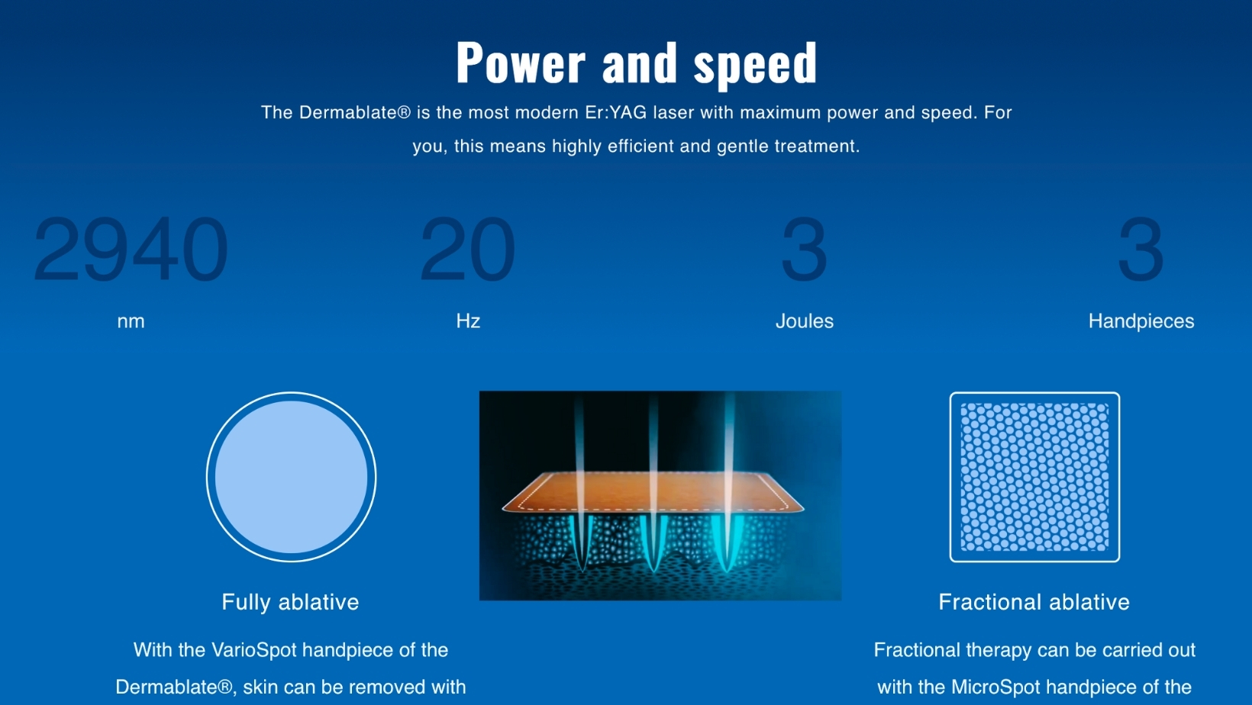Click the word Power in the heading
click(x=521, y=63)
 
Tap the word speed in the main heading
click(x=755, y=66)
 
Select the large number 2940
click(x=131, y=249)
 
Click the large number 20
click(x=467, y=249)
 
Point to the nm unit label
click(x=131, y=322)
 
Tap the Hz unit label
click(x=468, y=321)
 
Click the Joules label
click(x=805, y=321)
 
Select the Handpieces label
click(x=1141, y=321)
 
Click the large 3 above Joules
click(x=805, y=249)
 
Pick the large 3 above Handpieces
click(x=1141, y=249)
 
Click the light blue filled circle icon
click(x=291, y=477)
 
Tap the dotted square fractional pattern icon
click(x=1034, y=477)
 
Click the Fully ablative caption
click(x=290, y=603)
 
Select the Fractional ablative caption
click(x=1034, y=602)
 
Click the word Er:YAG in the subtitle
click(x=616, y=113)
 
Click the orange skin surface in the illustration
click(x=653, y=492)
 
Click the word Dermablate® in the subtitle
click(x=355, y=113)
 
